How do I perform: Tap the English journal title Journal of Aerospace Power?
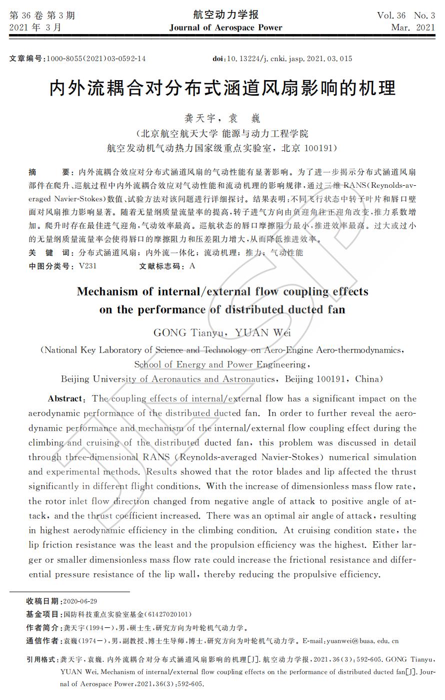[x=225, y=28]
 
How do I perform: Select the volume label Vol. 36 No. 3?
[x=405, y=15]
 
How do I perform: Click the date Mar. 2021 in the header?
[x=413, y=28]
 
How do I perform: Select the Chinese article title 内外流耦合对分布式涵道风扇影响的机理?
[x=222, y=88]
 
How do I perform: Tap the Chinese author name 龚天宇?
[x=200, y=119]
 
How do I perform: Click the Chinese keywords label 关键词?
[x=49, y=253]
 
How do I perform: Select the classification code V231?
[x=87, y=266]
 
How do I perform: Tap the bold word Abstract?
[x=65, y=399]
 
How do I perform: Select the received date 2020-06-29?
[x=80, y=601]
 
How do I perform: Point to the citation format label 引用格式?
[x=41, y=659]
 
